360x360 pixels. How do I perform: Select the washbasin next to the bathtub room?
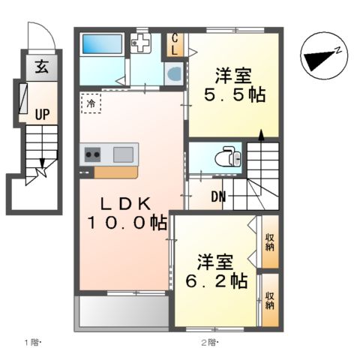[173, 73]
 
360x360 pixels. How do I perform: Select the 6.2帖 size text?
[217, 281]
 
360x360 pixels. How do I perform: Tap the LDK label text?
[124, 202]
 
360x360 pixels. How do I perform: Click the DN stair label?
[218, 197]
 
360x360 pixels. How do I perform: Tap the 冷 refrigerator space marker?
[91, 102]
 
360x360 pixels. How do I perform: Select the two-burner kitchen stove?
[94, 155]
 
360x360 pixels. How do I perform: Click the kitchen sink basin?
[123, 154]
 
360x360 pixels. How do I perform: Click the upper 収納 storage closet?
[269, 241]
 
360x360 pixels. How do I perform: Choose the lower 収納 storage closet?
[269, 301]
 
